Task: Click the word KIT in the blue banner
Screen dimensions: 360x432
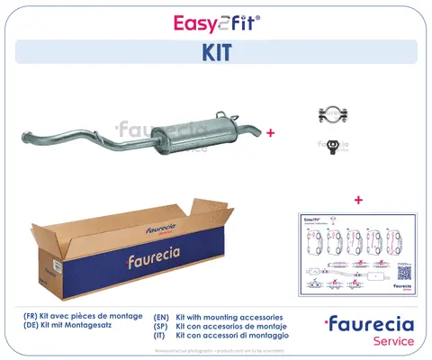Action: pos(215,51)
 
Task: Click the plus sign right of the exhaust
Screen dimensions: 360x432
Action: pos(270,131)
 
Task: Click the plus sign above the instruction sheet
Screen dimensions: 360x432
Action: pos(359,199)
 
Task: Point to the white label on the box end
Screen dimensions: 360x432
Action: pos(54,267)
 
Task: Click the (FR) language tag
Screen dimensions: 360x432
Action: pos(32,318)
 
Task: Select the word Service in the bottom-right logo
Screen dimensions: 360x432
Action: pos(394,342)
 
